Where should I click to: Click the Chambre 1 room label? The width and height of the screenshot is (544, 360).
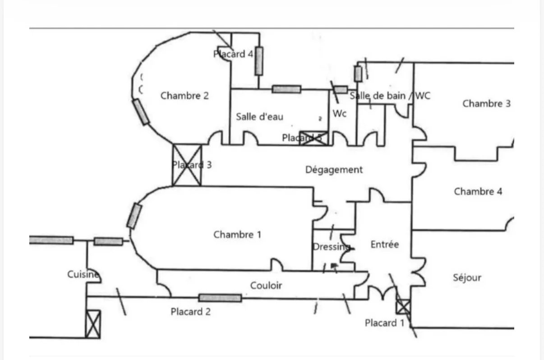click(237, 235)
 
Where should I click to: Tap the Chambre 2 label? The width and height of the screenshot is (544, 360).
click(184, 96)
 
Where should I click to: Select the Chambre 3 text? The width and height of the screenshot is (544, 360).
click(487, 103)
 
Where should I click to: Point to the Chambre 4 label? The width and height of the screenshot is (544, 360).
click(478, 191)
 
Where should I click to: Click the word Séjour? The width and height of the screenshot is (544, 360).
click(467, 277)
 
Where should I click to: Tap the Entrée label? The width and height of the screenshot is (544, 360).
click(385, 245)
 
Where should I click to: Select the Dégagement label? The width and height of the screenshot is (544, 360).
click(334, 170)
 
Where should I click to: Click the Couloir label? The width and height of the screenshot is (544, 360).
click(266, 285)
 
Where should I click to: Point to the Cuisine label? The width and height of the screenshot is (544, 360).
click(83, 274)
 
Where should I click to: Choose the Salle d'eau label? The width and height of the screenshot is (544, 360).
click(260, 116)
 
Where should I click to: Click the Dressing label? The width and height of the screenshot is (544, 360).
click(331, 247)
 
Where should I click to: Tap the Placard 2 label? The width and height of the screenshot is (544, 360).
click(190, 311)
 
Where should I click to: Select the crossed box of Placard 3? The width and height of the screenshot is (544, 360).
click(187, 165)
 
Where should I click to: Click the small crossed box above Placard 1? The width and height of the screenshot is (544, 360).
click(403, 307)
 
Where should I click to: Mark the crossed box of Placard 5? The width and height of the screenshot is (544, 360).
click(314, 138)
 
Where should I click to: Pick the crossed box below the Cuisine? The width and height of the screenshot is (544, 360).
click(93, 324)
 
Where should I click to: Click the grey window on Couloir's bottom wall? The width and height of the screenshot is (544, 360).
click(220, 298)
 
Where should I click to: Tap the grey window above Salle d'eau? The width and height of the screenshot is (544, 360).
click(286, 89)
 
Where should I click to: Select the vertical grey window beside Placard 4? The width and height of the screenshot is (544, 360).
click(258, 61)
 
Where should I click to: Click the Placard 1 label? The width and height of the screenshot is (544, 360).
click(385, 323)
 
